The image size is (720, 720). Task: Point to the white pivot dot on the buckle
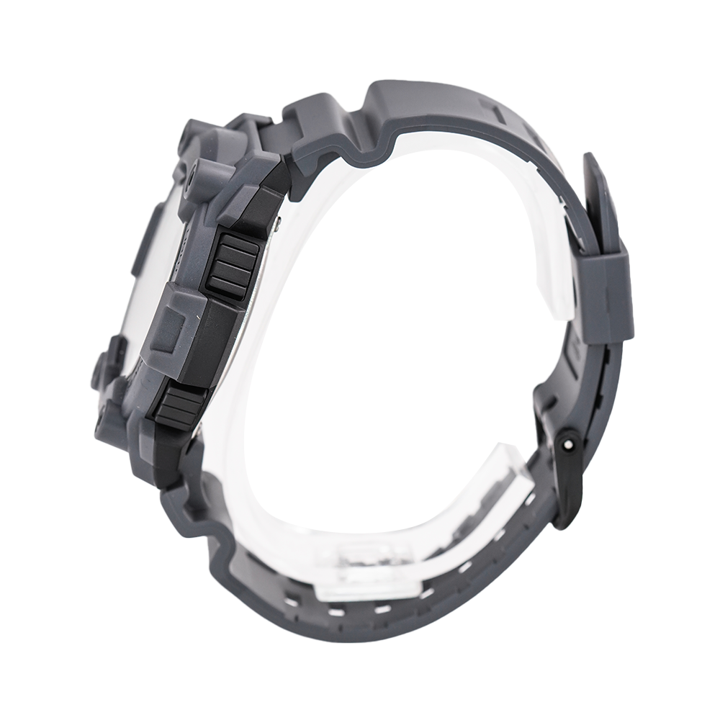coord(570,444)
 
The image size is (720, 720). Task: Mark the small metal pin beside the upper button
coord(278,226)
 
